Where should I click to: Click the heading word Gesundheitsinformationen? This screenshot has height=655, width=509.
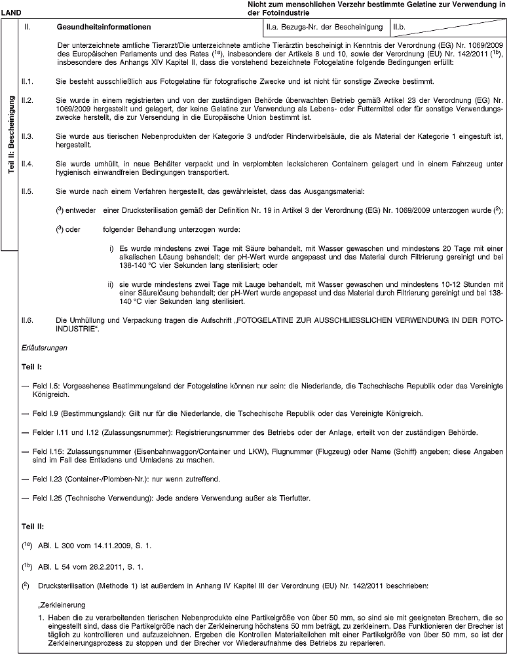(100, 28)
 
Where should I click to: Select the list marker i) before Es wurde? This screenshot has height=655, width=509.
(112, 248)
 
